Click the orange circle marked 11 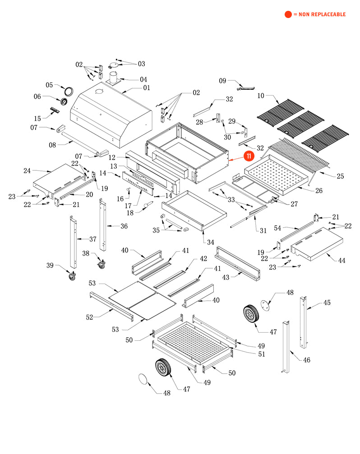pos(249,156)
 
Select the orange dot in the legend pos(288,14)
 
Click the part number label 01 pos(147,87)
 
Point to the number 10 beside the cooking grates pos(261,96)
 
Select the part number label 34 pos(210,242)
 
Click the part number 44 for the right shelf pos(342,260)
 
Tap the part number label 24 pos(27,170)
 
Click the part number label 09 pos(222,81)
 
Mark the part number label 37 pos(92,239)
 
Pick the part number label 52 pos(89,317)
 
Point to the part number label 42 pos(203,259)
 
